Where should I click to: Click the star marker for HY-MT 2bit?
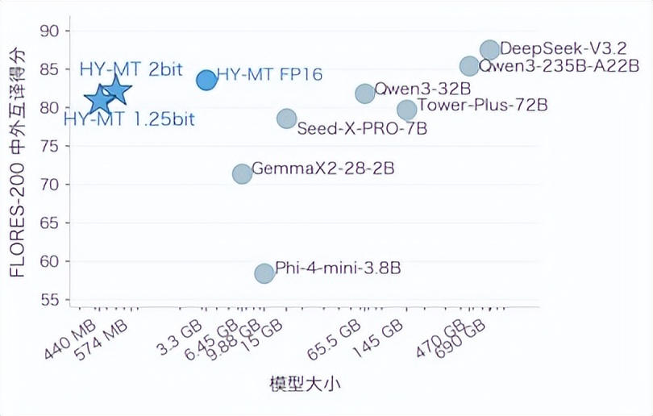(115, 90)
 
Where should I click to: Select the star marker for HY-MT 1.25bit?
(99, 100)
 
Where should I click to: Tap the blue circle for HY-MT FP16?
(206, 79)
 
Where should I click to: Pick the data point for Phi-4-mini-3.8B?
(264, 273)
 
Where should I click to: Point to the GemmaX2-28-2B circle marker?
(242, 173)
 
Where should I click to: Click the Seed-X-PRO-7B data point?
(287, 119)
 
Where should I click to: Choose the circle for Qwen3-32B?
(365, 94)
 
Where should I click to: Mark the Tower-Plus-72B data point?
(407, 109)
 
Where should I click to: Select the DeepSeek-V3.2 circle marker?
(489, 50)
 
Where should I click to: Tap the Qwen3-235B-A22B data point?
(469, 66)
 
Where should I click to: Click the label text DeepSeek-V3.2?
(564, 48)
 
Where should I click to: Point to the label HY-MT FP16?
(269, 75)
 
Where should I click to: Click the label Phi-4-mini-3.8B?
(338, 268)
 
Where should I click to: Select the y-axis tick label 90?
(50, 31)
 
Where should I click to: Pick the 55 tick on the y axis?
(50, 300)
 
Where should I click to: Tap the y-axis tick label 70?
(50, 185)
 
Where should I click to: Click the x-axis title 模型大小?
(304, 384)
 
